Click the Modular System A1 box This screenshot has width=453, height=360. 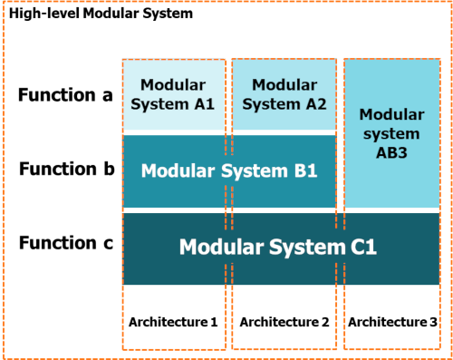174,96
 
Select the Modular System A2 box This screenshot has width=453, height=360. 284,96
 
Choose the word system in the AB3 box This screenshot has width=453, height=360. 392,133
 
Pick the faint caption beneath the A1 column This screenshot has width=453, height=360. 174,322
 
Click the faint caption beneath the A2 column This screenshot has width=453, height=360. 284,322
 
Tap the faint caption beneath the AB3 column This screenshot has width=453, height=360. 392,322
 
